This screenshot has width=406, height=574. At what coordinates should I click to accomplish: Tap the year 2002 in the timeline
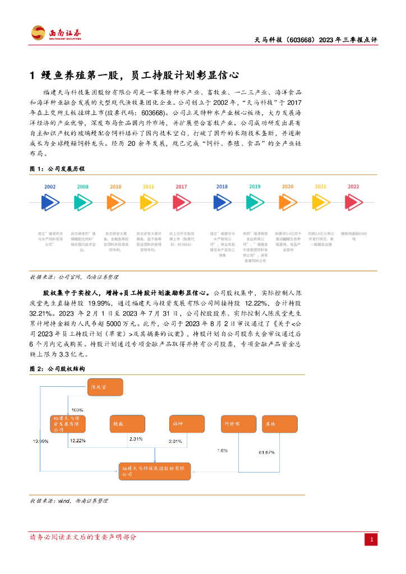(x=50, y=186)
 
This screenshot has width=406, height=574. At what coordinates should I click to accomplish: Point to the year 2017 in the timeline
(x=181, y=186)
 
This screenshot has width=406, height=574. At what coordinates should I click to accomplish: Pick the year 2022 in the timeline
(x=353, y=186)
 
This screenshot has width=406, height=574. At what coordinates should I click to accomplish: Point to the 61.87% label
(x=266, y=452)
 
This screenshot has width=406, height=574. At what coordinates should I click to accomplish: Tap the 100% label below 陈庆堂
(x=77, y=410)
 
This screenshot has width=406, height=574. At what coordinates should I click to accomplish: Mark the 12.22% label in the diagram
(x=77, y=441)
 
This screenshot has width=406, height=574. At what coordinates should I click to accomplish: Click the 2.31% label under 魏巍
(x=136, y=438)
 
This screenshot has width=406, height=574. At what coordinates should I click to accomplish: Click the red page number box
(x=371, y=539)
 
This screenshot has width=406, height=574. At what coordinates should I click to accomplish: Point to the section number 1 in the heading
(x=33, y=75)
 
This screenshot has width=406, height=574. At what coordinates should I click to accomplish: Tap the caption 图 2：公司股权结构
(x=57, y=369)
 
